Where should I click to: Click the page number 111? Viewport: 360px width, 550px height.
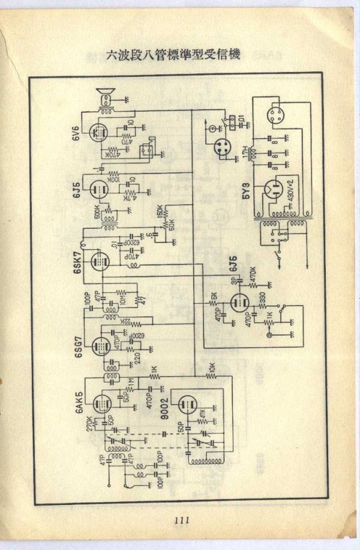coord(179,520)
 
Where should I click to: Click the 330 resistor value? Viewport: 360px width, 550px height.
coord(262,298)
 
